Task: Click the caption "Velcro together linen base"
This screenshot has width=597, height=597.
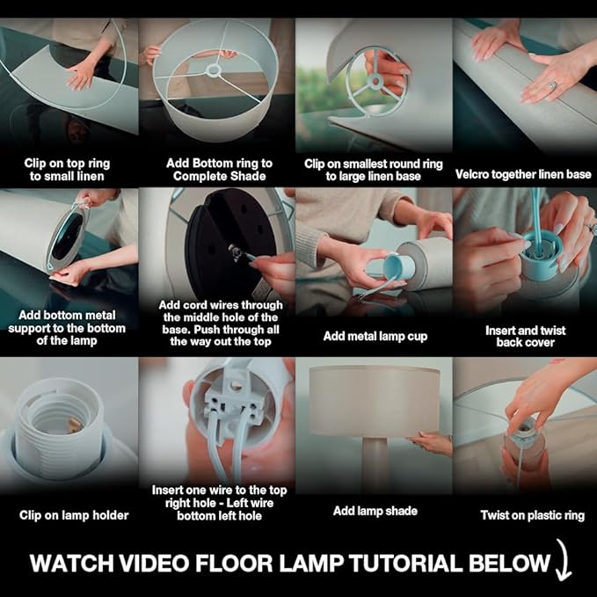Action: (x=523, y=174)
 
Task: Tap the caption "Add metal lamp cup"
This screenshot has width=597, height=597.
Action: (x=375, y=336)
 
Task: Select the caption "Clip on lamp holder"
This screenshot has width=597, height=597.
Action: (x=74, y=515)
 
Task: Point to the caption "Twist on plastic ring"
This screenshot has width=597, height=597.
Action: (x=532, y=515)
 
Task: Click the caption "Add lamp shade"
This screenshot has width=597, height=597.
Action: (x=375, y=511)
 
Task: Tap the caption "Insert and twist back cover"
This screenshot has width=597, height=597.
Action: (x=526, y=336)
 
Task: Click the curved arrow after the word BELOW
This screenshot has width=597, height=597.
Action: (x=563, y=559)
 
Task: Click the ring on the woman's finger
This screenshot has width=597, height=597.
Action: (x=552, y=84)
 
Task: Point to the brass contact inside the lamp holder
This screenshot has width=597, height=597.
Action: (x=74, y=424)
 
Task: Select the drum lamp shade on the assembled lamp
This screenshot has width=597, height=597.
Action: (x=375, y=401)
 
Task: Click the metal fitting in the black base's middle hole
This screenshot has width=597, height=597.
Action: (x=234, y=252)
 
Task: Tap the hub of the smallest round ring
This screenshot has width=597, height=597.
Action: (x=375, y=81)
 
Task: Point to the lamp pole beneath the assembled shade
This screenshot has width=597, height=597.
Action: (x=375, y=465)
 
